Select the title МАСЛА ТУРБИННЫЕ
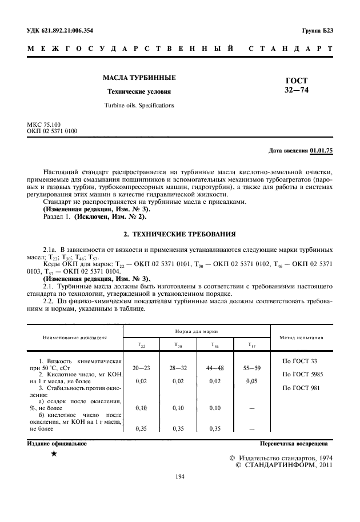[x=139, y=77]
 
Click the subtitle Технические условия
[x=139, y=91]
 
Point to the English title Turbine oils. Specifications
[x=139, y=106]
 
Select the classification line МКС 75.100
[x=47, y=125]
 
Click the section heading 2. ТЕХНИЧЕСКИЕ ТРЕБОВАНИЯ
[x=179, y=235]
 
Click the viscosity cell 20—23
[x=141, y=368]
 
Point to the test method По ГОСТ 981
[x=301, y=388]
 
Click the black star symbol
[x=53, y=453]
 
